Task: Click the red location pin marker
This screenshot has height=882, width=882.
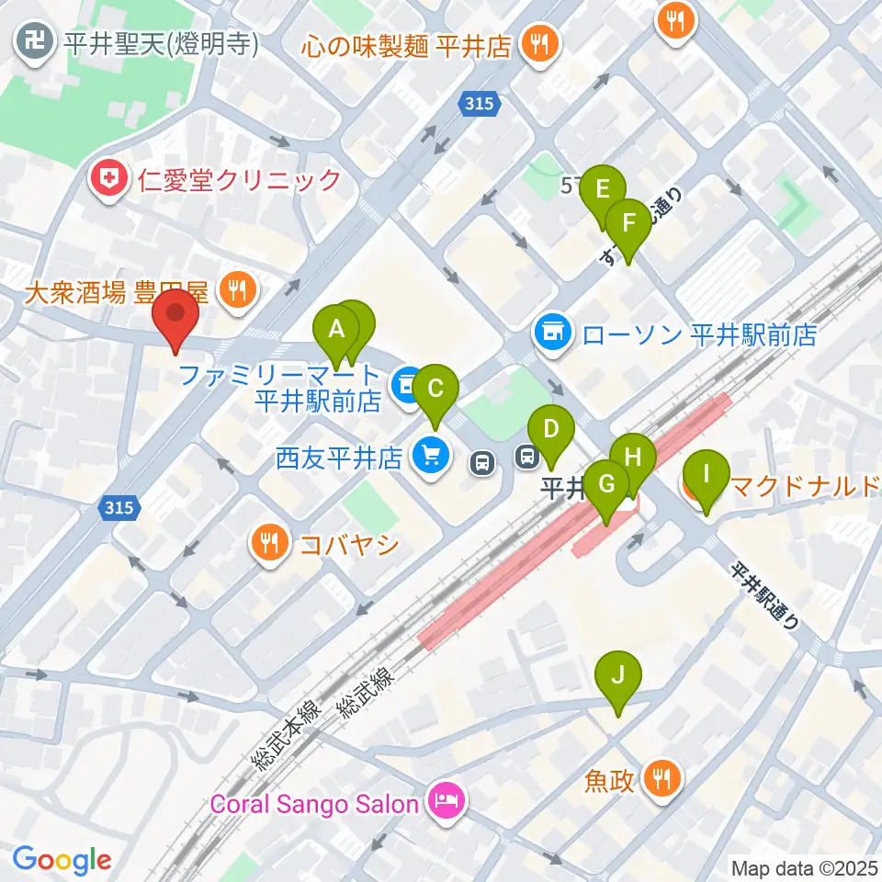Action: [175, 317]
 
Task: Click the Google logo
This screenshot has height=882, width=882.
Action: [62, 860]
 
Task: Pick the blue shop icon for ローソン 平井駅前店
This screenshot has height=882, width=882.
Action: [553, 333]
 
